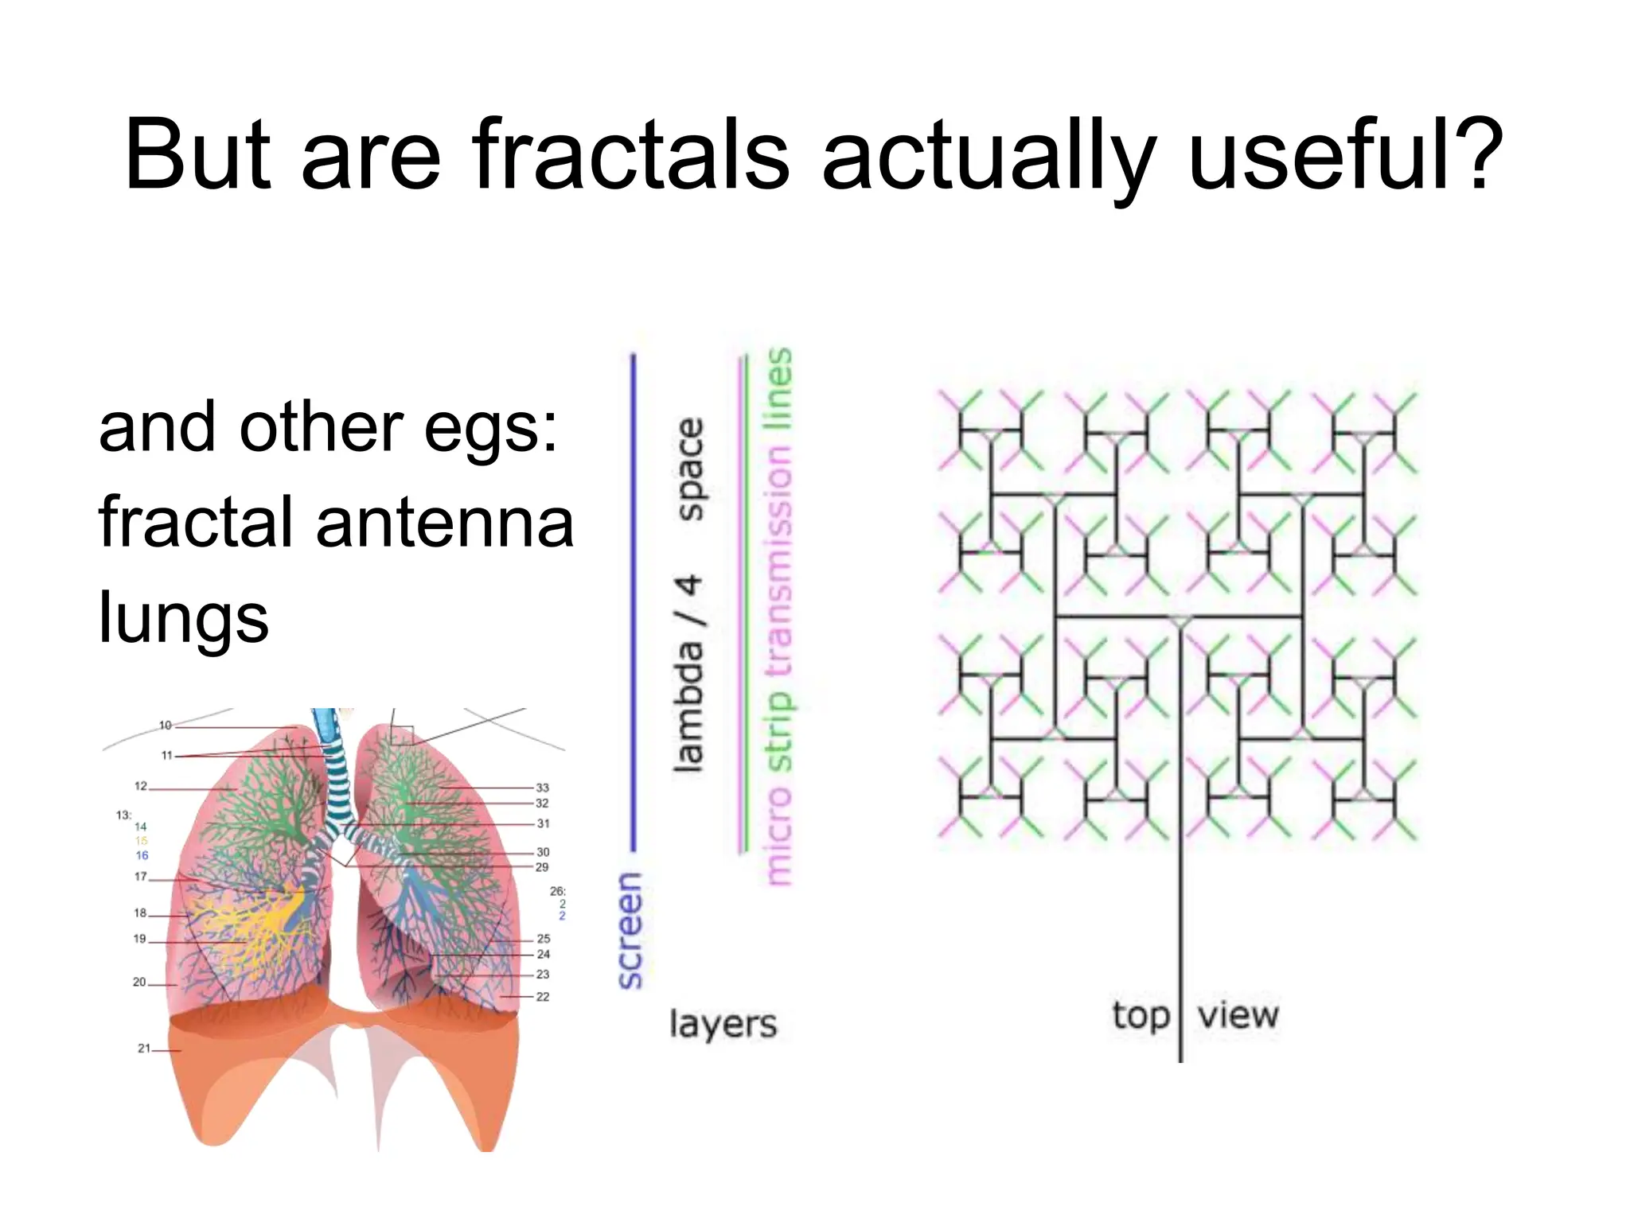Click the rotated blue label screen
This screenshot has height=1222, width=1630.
pos(630,930)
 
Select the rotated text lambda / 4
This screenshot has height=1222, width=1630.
pos(688,673)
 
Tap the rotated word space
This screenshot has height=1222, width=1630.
pos(689,469)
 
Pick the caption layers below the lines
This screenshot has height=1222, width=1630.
pos(723,1024)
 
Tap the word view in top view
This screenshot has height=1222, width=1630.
pos(1238,1015)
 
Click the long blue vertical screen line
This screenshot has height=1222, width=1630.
pos(634,597)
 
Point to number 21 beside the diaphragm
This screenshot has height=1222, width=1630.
pos(143,1049)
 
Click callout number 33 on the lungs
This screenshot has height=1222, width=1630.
pos(542,788)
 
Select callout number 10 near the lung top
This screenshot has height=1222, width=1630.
pos(165,725)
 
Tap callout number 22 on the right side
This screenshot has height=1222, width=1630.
pos(543,996)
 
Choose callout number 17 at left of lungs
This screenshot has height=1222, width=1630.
pos(140,877)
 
